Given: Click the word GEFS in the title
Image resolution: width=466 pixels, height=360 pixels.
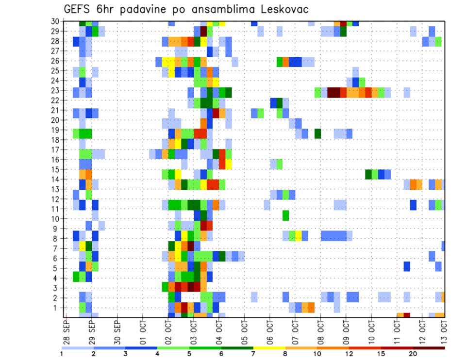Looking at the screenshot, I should click(79, 9).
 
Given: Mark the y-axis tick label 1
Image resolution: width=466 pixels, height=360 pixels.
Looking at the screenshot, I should click(57, 308).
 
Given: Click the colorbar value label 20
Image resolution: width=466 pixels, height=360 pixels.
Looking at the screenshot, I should click(413, 354).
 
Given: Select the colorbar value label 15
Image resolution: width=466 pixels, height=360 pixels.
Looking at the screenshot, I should click(381, 354).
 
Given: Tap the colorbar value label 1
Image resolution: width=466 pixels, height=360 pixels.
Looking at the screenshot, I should click(62, 354).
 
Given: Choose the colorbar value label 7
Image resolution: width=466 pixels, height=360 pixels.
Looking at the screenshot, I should click(253, 354).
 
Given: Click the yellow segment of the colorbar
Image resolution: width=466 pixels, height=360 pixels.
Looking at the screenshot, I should click(269, 347).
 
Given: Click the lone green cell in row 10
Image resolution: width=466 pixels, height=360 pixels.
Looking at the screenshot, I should click(285, 214).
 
